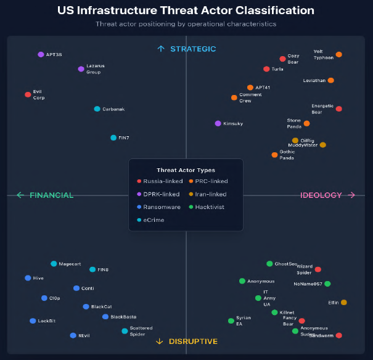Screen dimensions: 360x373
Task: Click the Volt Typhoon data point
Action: pos(338,55)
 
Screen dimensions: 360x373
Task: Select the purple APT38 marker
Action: pos(41,54)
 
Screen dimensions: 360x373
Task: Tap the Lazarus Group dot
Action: pos(81,69)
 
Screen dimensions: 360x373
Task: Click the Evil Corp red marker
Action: pos(28,94)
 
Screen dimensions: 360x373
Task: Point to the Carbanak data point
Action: pos(97,109)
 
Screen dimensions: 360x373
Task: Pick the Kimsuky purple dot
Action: pos(218,123)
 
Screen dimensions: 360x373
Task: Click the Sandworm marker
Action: pos(338,335)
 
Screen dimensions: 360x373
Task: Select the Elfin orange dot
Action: pos(343,302)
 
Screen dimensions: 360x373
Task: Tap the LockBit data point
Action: pos(33,321)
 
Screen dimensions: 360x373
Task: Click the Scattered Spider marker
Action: pos(125,331)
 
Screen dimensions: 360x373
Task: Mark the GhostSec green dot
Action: pos(269,264)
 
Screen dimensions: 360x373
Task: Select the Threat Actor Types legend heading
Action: pos(186,170)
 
